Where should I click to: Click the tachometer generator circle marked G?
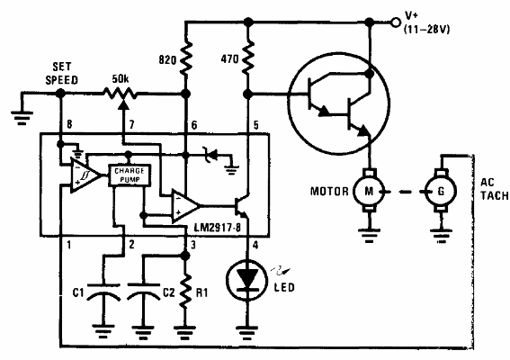click(440, 190)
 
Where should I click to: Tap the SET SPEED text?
click(61, 73)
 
